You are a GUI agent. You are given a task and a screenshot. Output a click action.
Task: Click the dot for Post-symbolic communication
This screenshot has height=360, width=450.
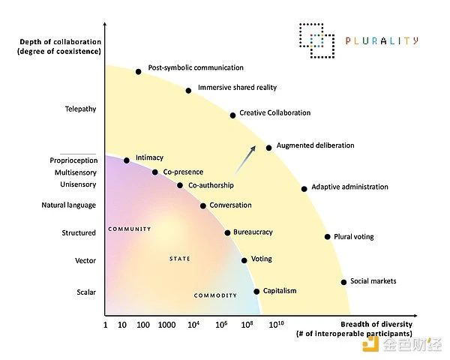(138, 71)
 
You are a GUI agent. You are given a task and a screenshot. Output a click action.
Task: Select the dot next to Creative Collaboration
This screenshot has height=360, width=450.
(232, 115)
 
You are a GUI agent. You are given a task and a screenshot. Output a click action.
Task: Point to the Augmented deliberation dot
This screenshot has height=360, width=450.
(269, 148)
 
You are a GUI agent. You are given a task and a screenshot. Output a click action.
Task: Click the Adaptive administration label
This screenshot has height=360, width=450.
(349, 187)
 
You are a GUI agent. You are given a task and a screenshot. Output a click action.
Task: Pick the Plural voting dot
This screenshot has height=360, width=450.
(327, 236)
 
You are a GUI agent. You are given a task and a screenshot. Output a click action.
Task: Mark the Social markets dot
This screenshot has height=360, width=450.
(343, 282)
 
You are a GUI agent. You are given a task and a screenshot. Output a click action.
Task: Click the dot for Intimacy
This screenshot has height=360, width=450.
(127, 160)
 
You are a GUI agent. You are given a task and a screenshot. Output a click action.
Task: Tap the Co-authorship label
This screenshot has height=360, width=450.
(211, 185)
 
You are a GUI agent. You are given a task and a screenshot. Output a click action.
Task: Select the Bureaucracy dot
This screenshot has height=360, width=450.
(227, 232)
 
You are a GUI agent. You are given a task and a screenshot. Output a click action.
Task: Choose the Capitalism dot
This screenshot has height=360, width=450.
(256, 291)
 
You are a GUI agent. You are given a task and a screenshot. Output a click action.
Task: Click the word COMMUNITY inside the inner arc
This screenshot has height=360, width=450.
(129, 229)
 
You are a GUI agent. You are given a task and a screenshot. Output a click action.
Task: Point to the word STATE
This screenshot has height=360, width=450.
(180, 259)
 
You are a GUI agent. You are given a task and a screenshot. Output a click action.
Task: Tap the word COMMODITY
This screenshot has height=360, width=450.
(215, 295)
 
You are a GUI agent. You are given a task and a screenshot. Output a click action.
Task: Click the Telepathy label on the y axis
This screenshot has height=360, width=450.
(80, 109)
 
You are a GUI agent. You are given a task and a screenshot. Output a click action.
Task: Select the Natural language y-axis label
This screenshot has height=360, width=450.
(69, 205)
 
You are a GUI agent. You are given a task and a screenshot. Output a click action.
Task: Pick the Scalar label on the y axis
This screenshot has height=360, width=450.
(86, 292)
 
